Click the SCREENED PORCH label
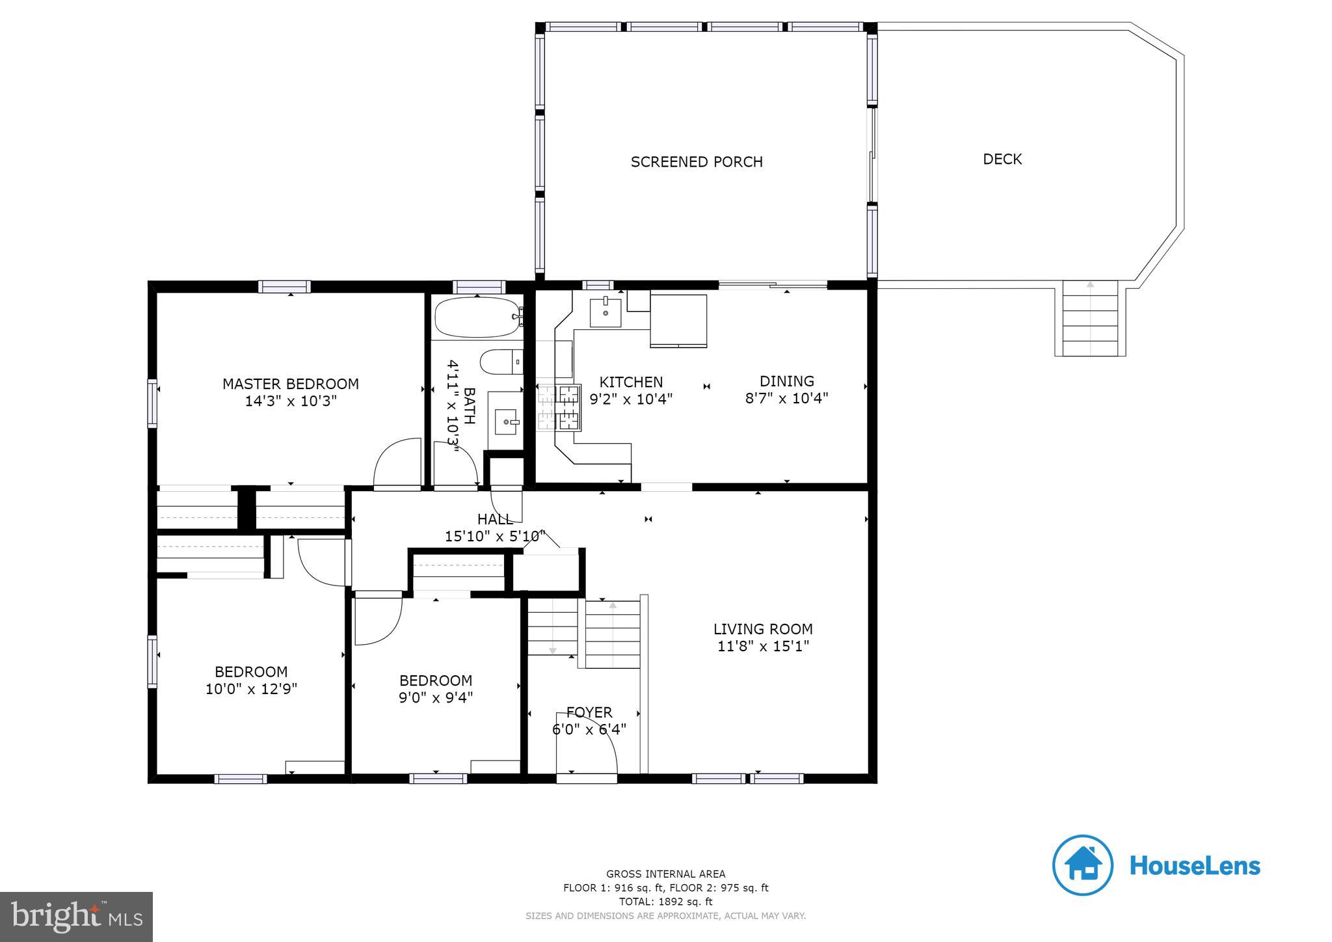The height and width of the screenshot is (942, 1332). tap(697, 162)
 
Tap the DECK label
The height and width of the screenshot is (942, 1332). tap(1002, 159)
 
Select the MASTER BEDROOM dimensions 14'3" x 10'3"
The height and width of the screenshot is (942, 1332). tap(291, 401)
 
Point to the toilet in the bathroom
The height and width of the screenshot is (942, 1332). tap(501, 362)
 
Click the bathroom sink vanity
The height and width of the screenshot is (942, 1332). tap(505, 422)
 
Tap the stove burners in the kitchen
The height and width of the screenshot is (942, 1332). tap(560, 407)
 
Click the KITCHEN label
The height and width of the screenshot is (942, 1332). tap(631, 383)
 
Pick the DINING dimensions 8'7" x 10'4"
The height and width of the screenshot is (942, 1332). tap(786, 398)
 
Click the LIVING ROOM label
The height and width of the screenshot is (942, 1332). tap(763, 629)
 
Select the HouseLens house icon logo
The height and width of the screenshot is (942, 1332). tap(1083, 865)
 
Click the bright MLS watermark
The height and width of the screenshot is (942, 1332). tap(77, 917)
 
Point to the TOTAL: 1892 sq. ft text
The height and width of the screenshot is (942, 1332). tap(665, 902)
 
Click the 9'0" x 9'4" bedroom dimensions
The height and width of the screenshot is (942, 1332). tap(436, 697)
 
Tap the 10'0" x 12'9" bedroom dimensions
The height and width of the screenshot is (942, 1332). tap(251, 689)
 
